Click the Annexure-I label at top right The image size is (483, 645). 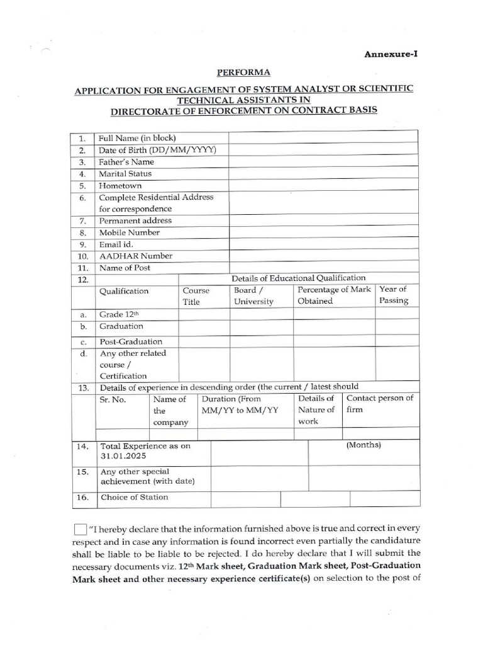pos(391,54)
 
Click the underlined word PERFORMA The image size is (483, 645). pos(241,73)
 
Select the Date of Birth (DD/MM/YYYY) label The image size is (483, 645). pos(157,150)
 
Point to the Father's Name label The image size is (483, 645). pos(126,162)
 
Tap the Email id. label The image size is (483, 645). pos(116,244)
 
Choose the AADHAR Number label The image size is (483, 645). pos(135,256)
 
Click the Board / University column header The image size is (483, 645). pos(253,295)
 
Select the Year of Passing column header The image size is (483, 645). pos(394,295)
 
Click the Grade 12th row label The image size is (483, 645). pos(121,314)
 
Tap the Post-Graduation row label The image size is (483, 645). pos(130,341)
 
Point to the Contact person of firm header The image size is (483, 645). pos(379,404)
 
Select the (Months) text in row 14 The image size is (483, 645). pos(364,445)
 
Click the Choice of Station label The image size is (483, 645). pos(134,497)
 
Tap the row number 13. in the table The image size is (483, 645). pos(82,387)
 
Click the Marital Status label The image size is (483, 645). pos(125,174)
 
